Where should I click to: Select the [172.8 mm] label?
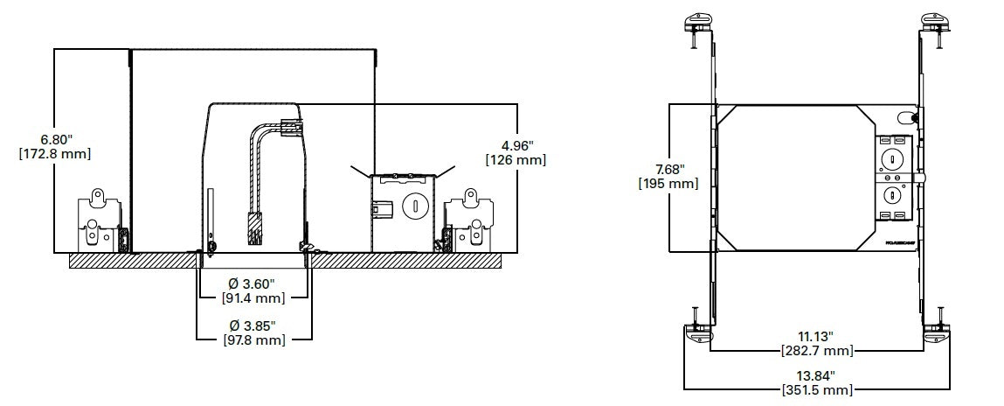pyautogui.click(x=54, y=153)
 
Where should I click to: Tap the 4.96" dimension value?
pyautogui.click(x=516, y=145)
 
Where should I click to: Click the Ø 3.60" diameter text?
pyautogui.click(x=253, y=283)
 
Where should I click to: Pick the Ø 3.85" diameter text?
pyautogui.click(x=253, y=326)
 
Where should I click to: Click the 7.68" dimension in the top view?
pyautogui.click(x=670, y=169)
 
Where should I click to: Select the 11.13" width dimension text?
pyautogui.click(x=816, y=337)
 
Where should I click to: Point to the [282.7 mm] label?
pyautogui.click(x=816, y=351)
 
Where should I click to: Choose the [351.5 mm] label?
pyautogui.click(x=816, y=389)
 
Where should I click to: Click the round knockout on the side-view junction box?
pyautogui.click(x=415, y=207)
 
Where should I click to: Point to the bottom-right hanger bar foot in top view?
pyautogui.click(x=937, y=333)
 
